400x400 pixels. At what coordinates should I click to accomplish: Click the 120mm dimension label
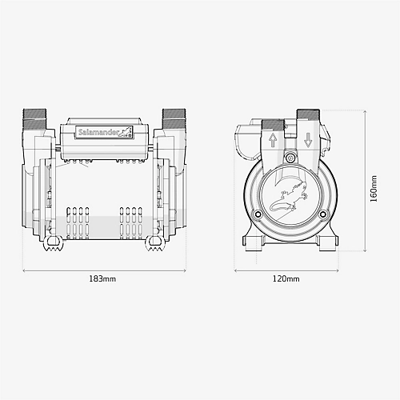[x=286, y=279]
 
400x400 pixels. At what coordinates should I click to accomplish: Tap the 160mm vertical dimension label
[x=373, y=190]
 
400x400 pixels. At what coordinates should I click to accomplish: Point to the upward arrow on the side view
[x=273, y=141]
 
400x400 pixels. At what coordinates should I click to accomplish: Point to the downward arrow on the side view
[x=307, y=141]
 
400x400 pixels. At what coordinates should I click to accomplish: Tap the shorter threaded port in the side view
[x=273, y=126]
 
